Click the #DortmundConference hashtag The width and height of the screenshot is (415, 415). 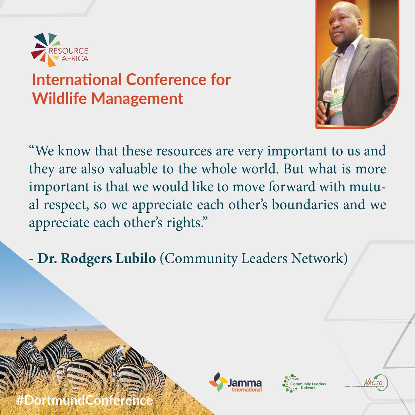click(84, 400)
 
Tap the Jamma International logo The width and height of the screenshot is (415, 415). click(236, 382)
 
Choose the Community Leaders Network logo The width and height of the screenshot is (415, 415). click(304, 383)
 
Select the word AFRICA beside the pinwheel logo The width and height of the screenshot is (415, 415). click(75, 58)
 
